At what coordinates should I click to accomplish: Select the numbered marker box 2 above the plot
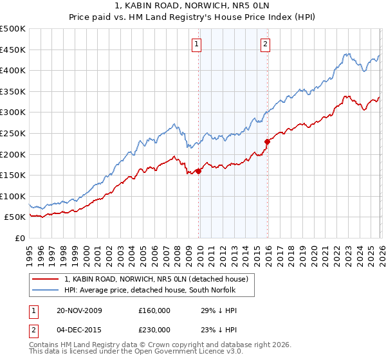pos(266,44)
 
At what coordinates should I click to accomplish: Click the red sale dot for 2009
pos(198,171)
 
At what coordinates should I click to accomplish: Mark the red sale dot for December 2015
pos(266,141)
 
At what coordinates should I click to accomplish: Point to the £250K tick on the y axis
pos(13,133)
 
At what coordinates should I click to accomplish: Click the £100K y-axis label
pos(13,196)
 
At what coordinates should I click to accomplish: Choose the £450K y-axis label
pos(13,50)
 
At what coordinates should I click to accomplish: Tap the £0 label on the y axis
pos(20,238)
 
